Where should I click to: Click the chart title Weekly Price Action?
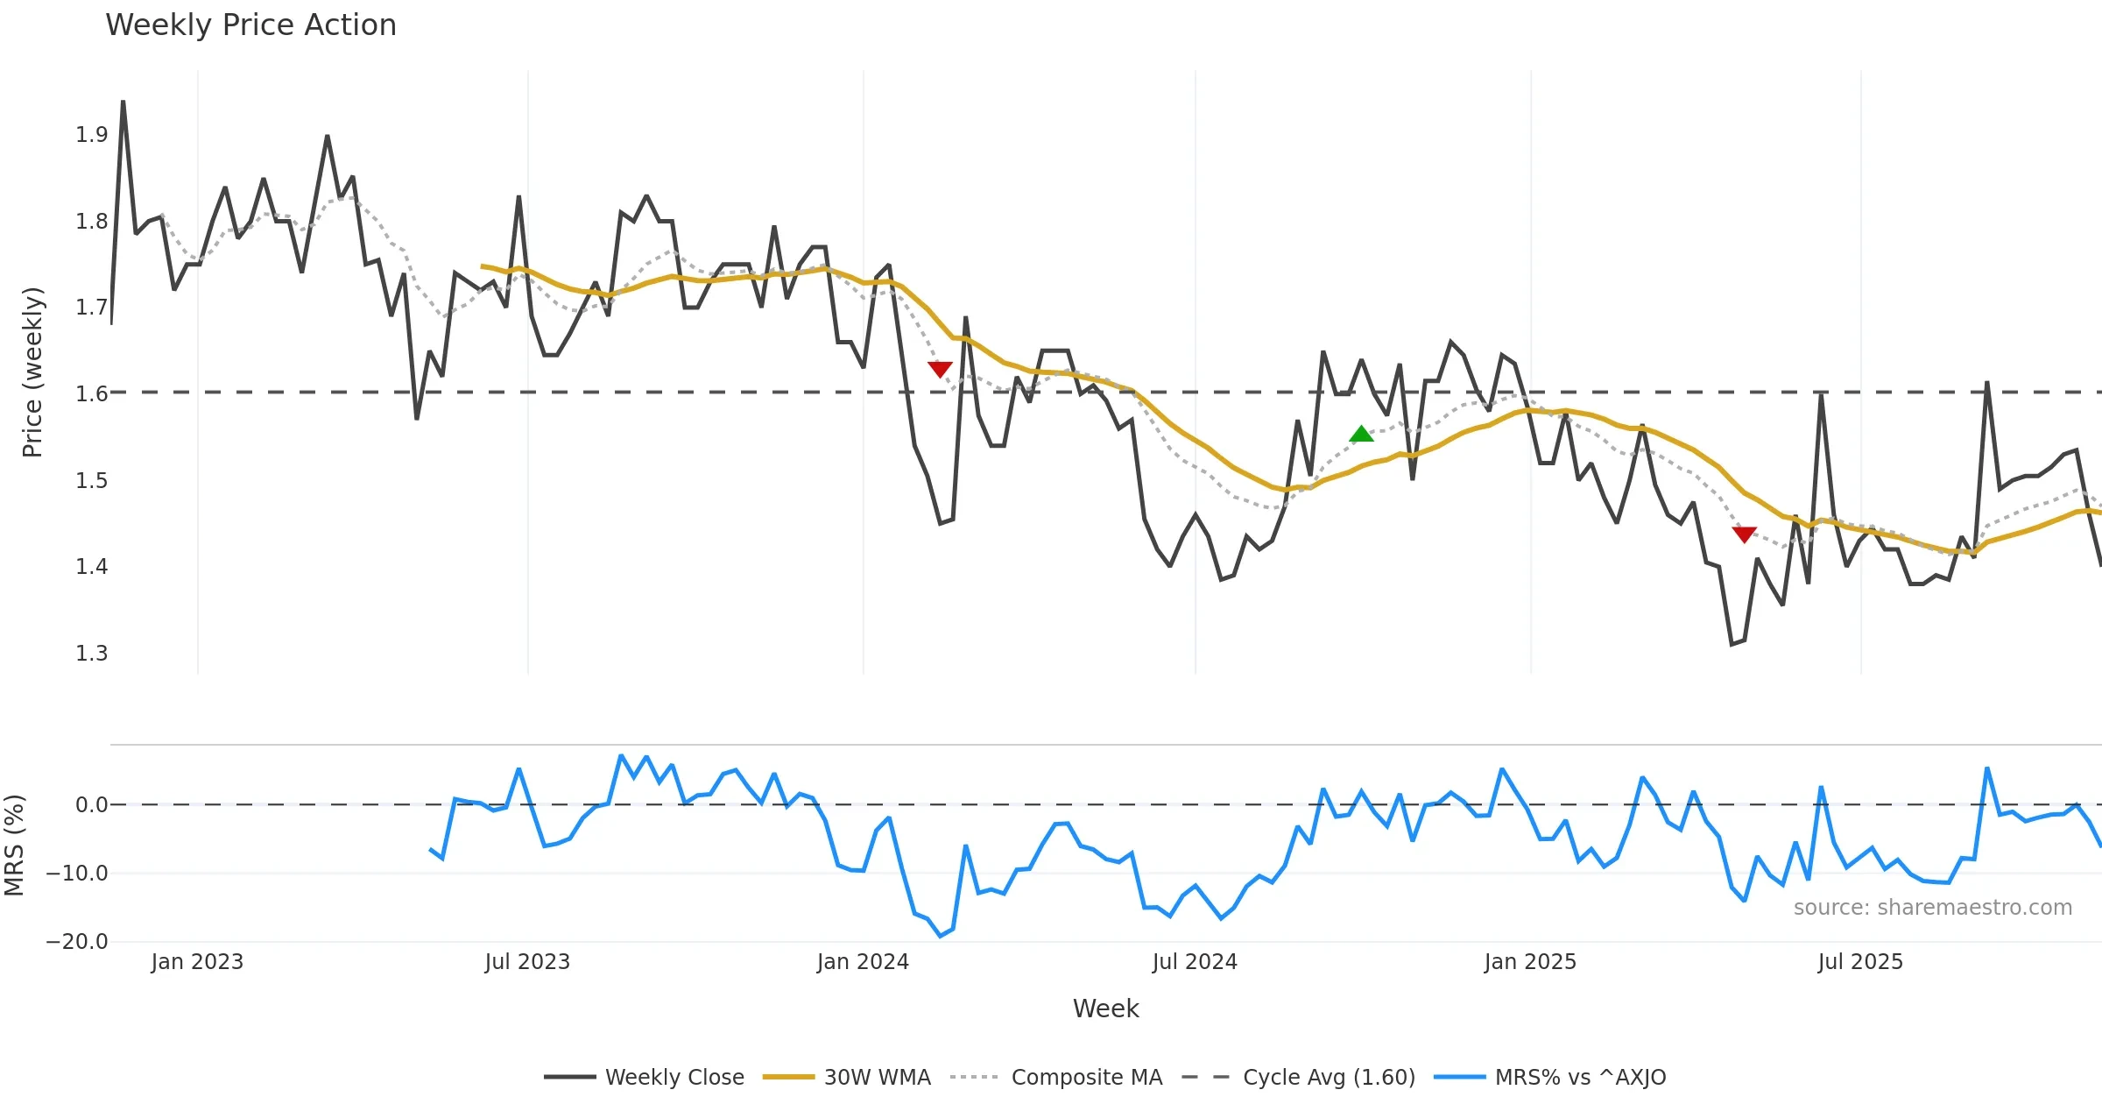click(250, 25)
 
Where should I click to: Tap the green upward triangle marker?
click(1361, 435)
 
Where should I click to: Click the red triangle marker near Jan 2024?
click(940, 370)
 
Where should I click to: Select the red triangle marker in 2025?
click(1744, 534)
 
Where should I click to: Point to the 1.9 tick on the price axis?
click(91, 135)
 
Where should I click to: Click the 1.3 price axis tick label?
click(91, 654)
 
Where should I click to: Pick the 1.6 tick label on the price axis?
click(91, 394)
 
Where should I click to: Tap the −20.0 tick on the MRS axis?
click(77, 942)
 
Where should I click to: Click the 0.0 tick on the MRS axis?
click(91, 805)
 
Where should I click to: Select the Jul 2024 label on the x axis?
click(1195, 962)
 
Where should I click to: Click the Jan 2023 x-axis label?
click(197, 962)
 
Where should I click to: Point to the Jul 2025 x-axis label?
click(1860, 962)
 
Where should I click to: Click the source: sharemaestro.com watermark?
click(1932, 908)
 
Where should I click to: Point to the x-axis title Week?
click(1105, 1008)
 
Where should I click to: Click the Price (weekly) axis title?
click(32, 372)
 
